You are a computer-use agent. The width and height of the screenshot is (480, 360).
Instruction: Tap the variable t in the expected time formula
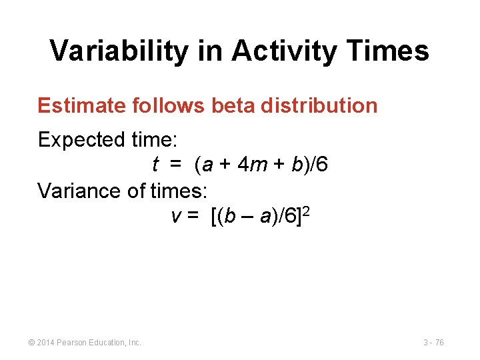155,164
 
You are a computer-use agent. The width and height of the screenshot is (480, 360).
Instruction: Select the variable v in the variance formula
176,217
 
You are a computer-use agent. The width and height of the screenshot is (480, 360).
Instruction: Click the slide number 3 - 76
433,343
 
